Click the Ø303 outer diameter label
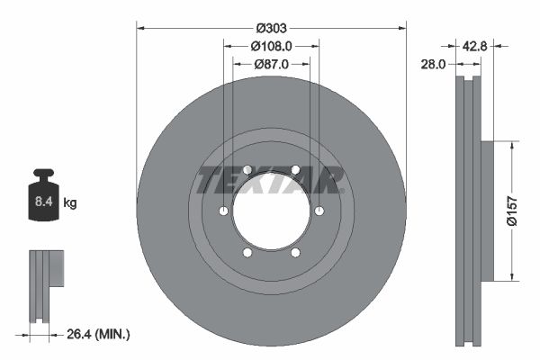pyautogui.click(x=271, y=14)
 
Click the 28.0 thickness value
pyautogui.click(x=434, y=64)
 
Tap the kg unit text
pyautogui.click(x=71, y=203)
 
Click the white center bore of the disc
pyautogui.click(x=271, y=211)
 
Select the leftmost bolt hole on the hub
pyautogui.click(x=222, y=211)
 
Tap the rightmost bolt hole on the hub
pyautogui.click(x=319, y=211)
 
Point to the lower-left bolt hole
pyautogui.click(x=247, y=253)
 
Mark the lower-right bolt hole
pyautogui.click(x=295, y=253)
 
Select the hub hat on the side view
pyautogui.click(x=488, y=211)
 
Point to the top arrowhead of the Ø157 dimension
pyautogui.click(x=513, y=144)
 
